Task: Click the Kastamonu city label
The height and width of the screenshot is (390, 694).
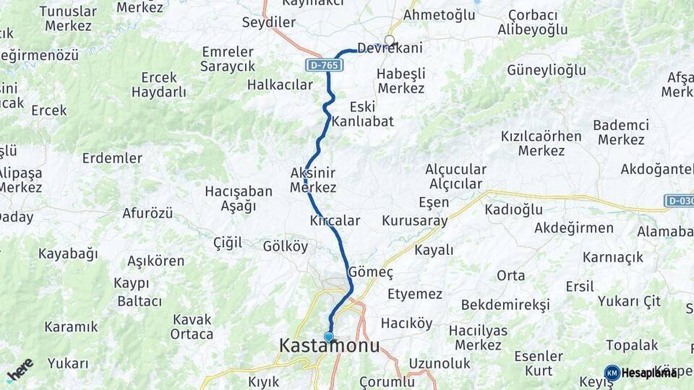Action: click(329, 347)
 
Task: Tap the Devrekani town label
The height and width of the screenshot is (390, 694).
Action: click(390, 48)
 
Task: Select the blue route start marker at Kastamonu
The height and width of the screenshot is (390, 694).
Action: click(329, 337)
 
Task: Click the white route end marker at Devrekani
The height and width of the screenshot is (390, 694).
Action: click(390, 40)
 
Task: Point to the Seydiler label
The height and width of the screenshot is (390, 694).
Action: click(269, 22)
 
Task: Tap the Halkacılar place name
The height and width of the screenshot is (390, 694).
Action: click(280, 84)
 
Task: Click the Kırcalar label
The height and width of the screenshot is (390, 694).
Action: click(334, 220)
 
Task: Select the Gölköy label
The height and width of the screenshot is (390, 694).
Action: click(285, 246)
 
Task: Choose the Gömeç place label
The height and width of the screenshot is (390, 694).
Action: click(371, 272)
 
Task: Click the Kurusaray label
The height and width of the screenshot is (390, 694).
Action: click(415, 221)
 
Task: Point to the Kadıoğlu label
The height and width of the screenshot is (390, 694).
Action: click(513, 209)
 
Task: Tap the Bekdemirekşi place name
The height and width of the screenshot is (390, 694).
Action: click(505, 304)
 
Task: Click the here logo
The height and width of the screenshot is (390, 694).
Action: click(20, 370)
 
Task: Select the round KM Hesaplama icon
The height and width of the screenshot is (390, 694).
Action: click(612, 373)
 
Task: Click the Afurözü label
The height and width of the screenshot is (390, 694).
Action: click(147, 213)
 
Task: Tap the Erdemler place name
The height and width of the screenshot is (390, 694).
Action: click(112, 157)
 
